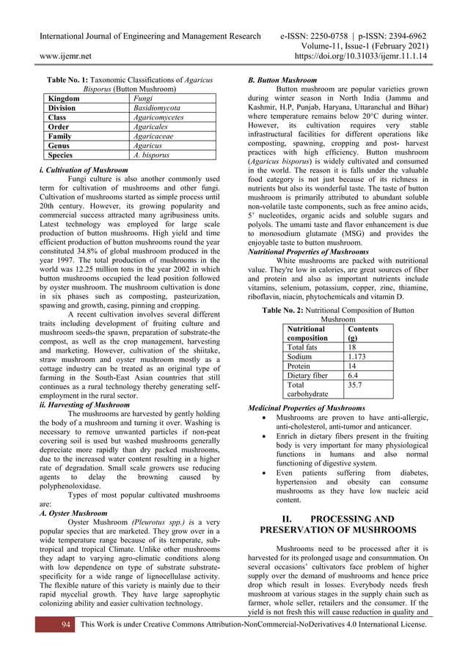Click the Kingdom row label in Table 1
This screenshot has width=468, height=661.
[65, 97]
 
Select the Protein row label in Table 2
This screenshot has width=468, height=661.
[299, 366]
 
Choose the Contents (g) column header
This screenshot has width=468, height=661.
[362, 333]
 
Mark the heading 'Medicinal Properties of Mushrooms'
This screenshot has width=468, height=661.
[306, 407]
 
